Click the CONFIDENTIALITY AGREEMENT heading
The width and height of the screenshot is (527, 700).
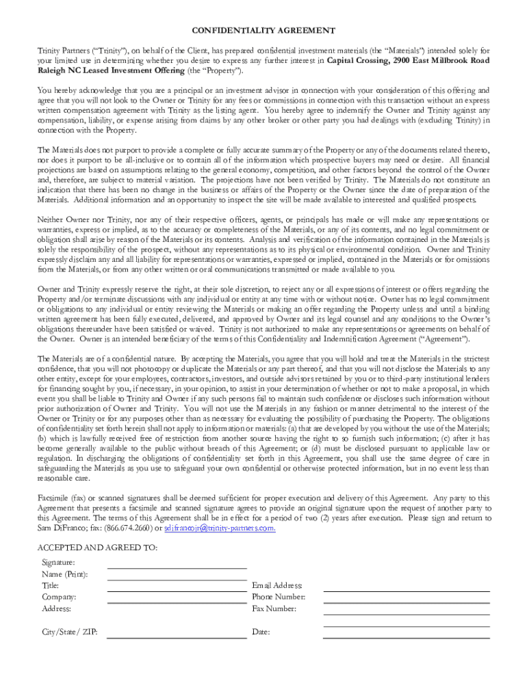click(263, 31)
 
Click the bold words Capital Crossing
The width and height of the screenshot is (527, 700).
click(359, 60)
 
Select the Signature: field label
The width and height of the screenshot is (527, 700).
click(59, 562)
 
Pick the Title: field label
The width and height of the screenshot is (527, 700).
click(51, 585)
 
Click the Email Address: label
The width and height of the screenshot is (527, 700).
click(277, 585)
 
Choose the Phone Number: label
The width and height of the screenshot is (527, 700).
click(279, 597)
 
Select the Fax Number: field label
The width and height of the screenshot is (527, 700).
click(274, 608)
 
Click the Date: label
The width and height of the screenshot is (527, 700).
click(261, 632)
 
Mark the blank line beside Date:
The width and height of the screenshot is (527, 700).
click(407, 637)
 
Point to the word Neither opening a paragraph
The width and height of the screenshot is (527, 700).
click(51, 219)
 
